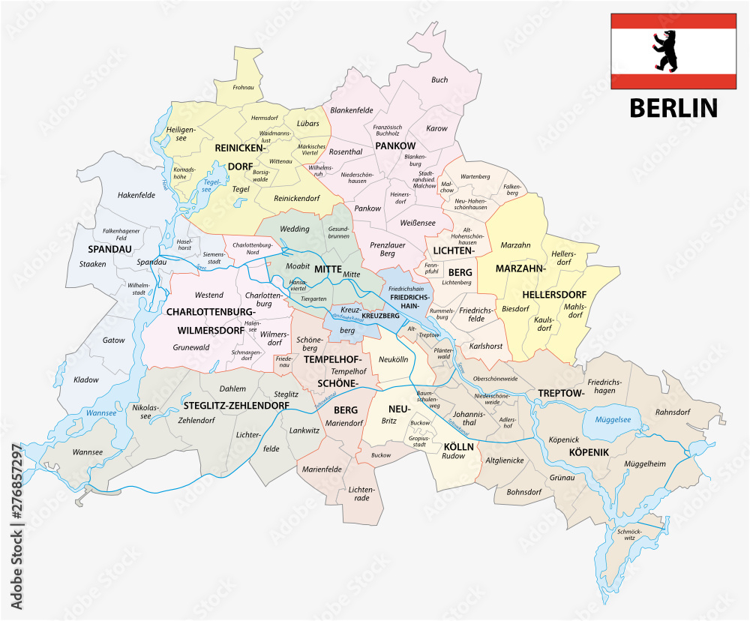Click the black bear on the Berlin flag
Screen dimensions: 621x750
663,51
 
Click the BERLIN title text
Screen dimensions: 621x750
673,108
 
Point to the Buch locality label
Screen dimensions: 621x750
439,79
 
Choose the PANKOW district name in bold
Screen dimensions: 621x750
395,145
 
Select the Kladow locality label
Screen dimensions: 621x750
86,379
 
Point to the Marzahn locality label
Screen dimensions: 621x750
515,244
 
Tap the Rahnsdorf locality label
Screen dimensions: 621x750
672,411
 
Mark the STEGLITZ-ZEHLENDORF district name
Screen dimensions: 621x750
236,405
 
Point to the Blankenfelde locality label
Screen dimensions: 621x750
351,109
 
